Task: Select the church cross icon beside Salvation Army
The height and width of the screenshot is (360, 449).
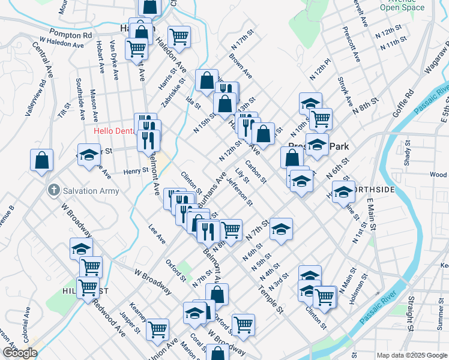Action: tap(54, 191)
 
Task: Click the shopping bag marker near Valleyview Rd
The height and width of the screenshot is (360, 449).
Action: tap(41, 160)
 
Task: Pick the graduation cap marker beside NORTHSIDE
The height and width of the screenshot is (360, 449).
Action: tap(343, 192)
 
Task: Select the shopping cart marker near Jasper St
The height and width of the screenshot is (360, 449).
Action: tap(157, 328)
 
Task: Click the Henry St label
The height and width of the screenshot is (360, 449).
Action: tap(136, 171)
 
